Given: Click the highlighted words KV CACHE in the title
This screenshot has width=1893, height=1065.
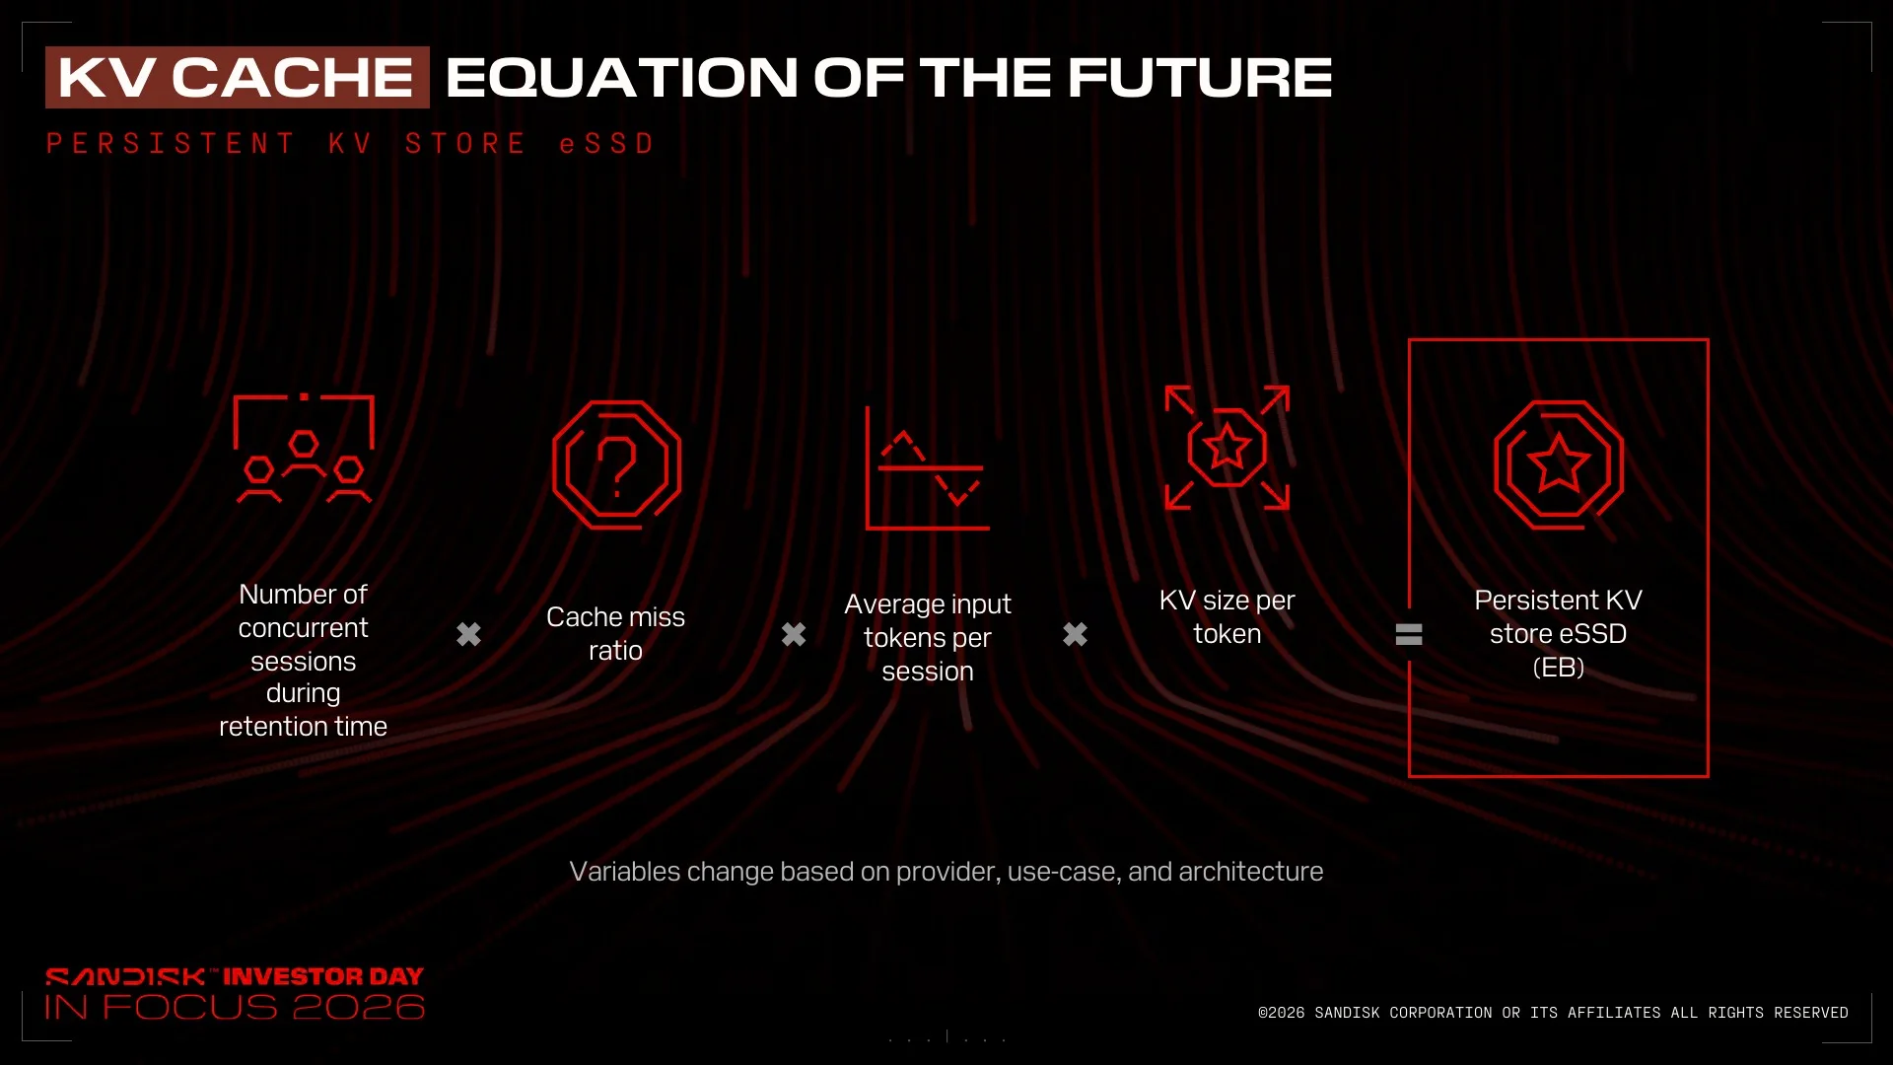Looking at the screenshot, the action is click(237, 77).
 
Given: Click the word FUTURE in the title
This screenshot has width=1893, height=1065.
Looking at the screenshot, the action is click(1200, 77).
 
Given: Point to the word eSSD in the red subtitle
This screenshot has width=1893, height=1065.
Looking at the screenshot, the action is click(606, 144).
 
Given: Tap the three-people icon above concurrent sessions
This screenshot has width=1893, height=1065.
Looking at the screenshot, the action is click(304, 449).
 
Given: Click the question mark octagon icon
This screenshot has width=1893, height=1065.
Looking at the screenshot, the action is click(616, 464).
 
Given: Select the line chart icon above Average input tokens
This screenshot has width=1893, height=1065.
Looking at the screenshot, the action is click(927, 467).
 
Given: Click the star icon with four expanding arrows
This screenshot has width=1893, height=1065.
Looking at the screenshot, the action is click(1227, 447).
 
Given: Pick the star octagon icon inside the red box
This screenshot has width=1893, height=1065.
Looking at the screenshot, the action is click(1559, 464).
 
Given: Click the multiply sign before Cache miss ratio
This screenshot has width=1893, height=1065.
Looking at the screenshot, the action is click(469, 634).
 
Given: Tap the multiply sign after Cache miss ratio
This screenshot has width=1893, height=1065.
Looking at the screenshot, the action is click(794, 634).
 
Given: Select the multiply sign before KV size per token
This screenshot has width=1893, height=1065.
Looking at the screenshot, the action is click(1076, 634).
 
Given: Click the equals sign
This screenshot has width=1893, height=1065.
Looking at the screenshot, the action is click(1409, 634).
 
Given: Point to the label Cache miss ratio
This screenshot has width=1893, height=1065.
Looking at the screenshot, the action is click(615, 634).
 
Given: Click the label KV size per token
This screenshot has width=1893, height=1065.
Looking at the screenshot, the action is click(1227, 617).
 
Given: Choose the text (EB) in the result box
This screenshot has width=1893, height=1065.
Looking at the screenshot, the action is click(1559, 668).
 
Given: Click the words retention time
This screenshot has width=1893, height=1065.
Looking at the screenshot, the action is click(303, 727).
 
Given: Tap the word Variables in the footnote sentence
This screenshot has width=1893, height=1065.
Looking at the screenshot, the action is click(625, 872).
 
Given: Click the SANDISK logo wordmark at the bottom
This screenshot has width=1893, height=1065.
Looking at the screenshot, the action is click(125, 977).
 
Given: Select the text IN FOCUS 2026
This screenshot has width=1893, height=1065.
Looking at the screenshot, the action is click(235, 1007).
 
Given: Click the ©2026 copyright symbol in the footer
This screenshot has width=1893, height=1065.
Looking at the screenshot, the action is click(1264, 1013).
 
